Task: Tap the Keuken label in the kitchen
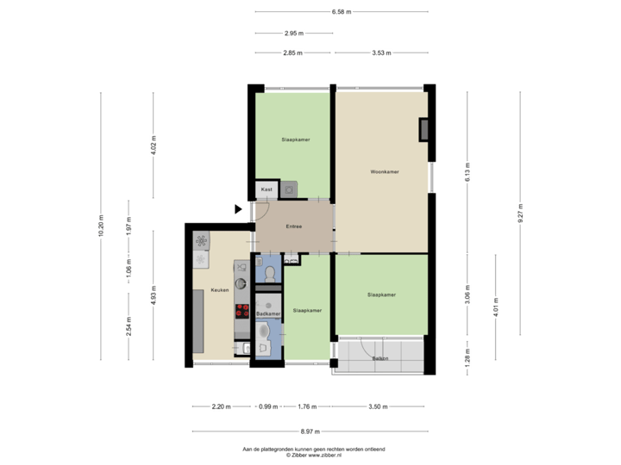[219, 290]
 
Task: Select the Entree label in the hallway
[292, 227]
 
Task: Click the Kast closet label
[267, 189]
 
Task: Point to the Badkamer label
[268, 314]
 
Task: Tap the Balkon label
[379, 357]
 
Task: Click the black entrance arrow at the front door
[239, 209]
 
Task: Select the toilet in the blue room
[271, 274]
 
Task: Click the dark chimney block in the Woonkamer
[423, 129]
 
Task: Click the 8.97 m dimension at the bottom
[310, 431]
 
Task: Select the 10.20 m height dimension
[102, 226]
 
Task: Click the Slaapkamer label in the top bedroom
[295, 139]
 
